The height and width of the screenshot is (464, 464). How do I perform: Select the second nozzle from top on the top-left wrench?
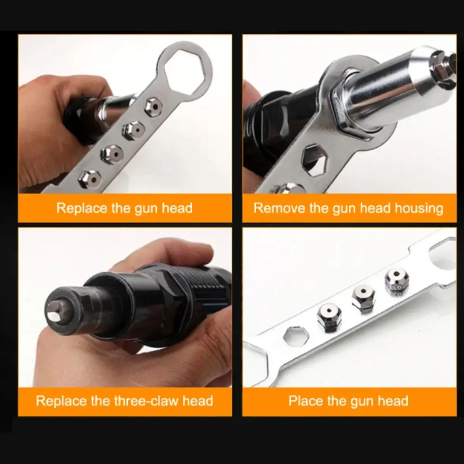(132, 130)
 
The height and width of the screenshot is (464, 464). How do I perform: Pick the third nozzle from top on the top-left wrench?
(112, 153)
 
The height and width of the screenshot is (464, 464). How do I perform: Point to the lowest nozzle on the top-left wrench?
(89, 178)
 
